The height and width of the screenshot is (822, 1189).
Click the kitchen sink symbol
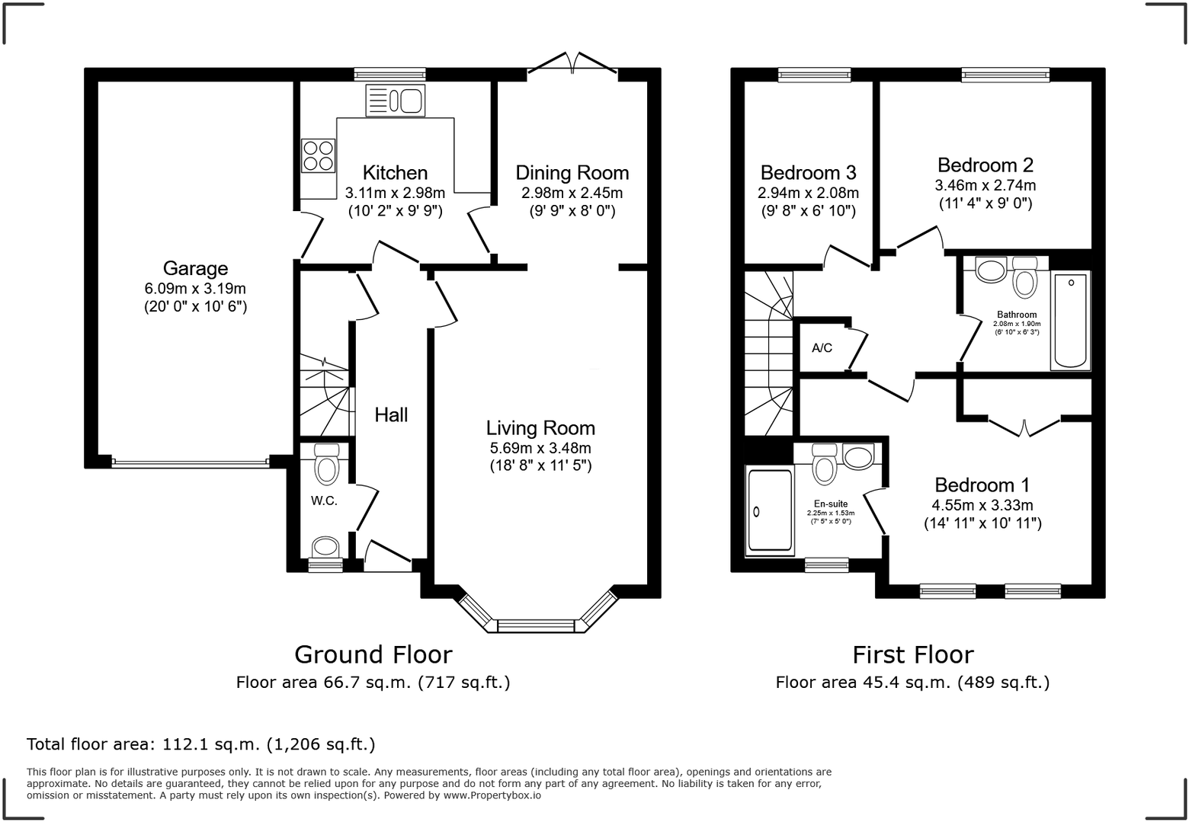(x=396, y=101)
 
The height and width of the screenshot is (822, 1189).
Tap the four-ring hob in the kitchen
(x=319, y=155)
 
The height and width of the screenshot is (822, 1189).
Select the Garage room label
(x=195, y=268)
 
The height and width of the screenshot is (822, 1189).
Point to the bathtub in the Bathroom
(x=1070, y=321)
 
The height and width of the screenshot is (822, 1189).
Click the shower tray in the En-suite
(x=770, y=510)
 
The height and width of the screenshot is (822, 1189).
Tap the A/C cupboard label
(x=822, y=348)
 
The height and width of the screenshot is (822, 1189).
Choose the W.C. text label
(x=324, y=501)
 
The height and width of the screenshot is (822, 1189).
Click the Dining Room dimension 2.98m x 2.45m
(x=572, y=194)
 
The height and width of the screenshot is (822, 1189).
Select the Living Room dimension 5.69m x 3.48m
(x=540, y=448)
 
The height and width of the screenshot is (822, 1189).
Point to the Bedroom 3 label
(x=809, y=172)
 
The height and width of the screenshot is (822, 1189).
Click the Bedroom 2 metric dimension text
(x=985, y=185)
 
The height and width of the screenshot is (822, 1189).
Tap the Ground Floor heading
(x=373, y=655)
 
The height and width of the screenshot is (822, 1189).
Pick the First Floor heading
(x=913, y=655)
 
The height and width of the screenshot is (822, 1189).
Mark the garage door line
(x=191, y=463)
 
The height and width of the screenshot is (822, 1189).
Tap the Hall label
(x=391, y=415)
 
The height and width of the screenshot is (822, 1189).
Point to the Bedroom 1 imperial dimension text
(x=982, y=524)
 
